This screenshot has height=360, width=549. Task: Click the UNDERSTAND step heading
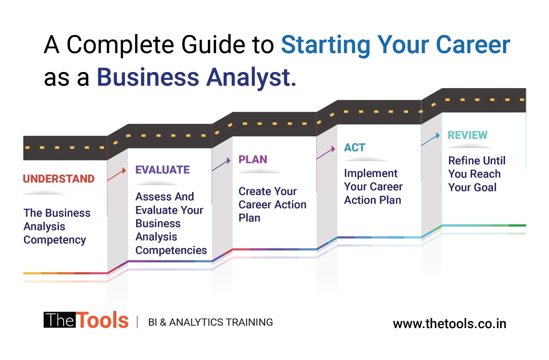coord(59,179)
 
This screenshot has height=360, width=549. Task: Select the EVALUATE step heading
coord(162,170)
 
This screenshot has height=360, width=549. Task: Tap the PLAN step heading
coord(253,159)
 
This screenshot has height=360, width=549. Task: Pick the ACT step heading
coord(354,147)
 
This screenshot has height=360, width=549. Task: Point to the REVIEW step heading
coord(467,135)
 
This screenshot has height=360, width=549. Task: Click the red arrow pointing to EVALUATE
coord(117,175)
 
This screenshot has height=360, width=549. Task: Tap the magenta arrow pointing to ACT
coord(326,153)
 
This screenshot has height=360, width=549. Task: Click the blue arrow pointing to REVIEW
coord(431,140)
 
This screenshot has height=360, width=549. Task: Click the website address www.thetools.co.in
coord(449,324)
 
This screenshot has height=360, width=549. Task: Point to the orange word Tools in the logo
coord(102,321)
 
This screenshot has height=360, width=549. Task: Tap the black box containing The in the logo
coord(60,320)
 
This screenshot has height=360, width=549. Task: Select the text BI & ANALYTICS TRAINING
coord(210,322)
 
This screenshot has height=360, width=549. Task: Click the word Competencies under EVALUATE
coord(171,250)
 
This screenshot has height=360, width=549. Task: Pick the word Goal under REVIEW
coord(485,187)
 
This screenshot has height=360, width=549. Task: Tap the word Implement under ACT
coord(371,173)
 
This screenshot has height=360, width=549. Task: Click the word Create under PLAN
coord(253,191)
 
